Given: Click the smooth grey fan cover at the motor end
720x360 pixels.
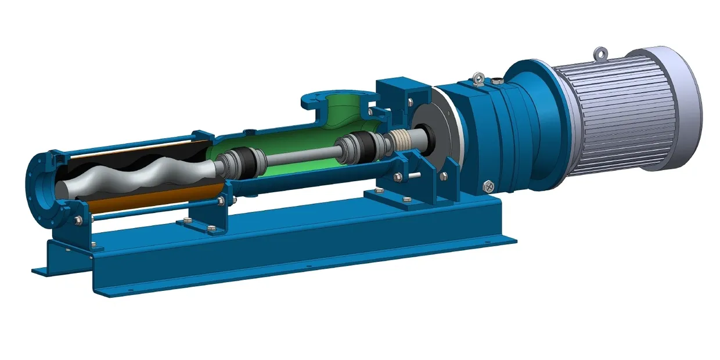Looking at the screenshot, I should [688, 105].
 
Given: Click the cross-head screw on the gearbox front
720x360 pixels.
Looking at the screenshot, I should [488, 186].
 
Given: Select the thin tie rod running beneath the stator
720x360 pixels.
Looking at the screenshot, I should [157, 212].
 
